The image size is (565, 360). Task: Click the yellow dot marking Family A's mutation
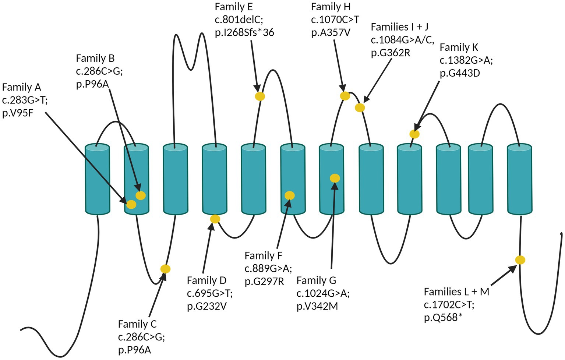coord(131,204)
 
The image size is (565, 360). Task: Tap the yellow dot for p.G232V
coord(215,219)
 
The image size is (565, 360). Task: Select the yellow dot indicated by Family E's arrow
coord(260,96)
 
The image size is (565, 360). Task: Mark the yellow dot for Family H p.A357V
coord(345,96)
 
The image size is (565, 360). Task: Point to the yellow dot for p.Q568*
coord(520,260)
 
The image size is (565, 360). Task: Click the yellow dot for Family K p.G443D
coord(414,134)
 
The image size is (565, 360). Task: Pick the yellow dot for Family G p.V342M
coord(335,179)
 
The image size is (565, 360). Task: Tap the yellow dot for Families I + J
coord(360,108)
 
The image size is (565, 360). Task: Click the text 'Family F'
coord(263,255)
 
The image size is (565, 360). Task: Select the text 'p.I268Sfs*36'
coord(244,32)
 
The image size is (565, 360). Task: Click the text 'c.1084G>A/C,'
coord(402,40)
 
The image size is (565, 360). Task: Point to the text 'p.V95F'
coord(18,113)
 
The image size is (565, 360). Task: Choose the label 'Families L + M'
coord(456,292)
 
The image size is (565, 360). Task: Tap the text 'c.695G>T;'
coord(210,293)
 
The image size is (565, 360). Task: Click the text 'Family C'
coord(137,324)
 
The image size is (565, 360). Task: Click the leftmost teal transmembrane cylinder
coord(98,179)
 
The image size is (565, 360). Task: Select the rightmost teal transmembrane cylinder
coord(519,179)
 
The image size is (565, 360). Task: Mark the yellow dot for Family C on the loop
coord(166,269)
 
